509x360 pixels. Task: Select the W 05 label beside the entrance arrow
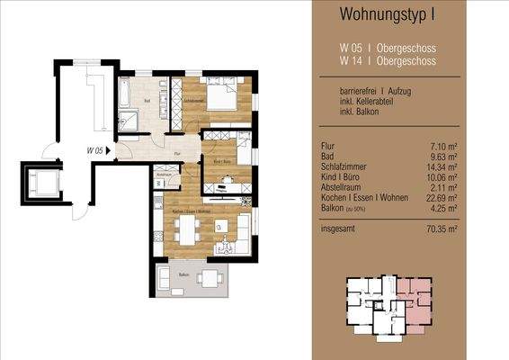tap(94, 150)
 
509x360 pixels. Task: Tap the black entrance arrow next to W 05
tap(110, 151)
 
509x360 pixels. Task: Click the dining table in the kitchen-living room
tap(189, 233)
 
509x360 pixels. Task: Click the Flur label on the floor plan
tap(179, 155)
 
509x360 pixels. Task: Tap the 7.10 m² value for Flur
tap(469, 147)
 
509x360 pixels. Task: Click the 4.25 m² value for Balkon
tap(469, 209)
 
